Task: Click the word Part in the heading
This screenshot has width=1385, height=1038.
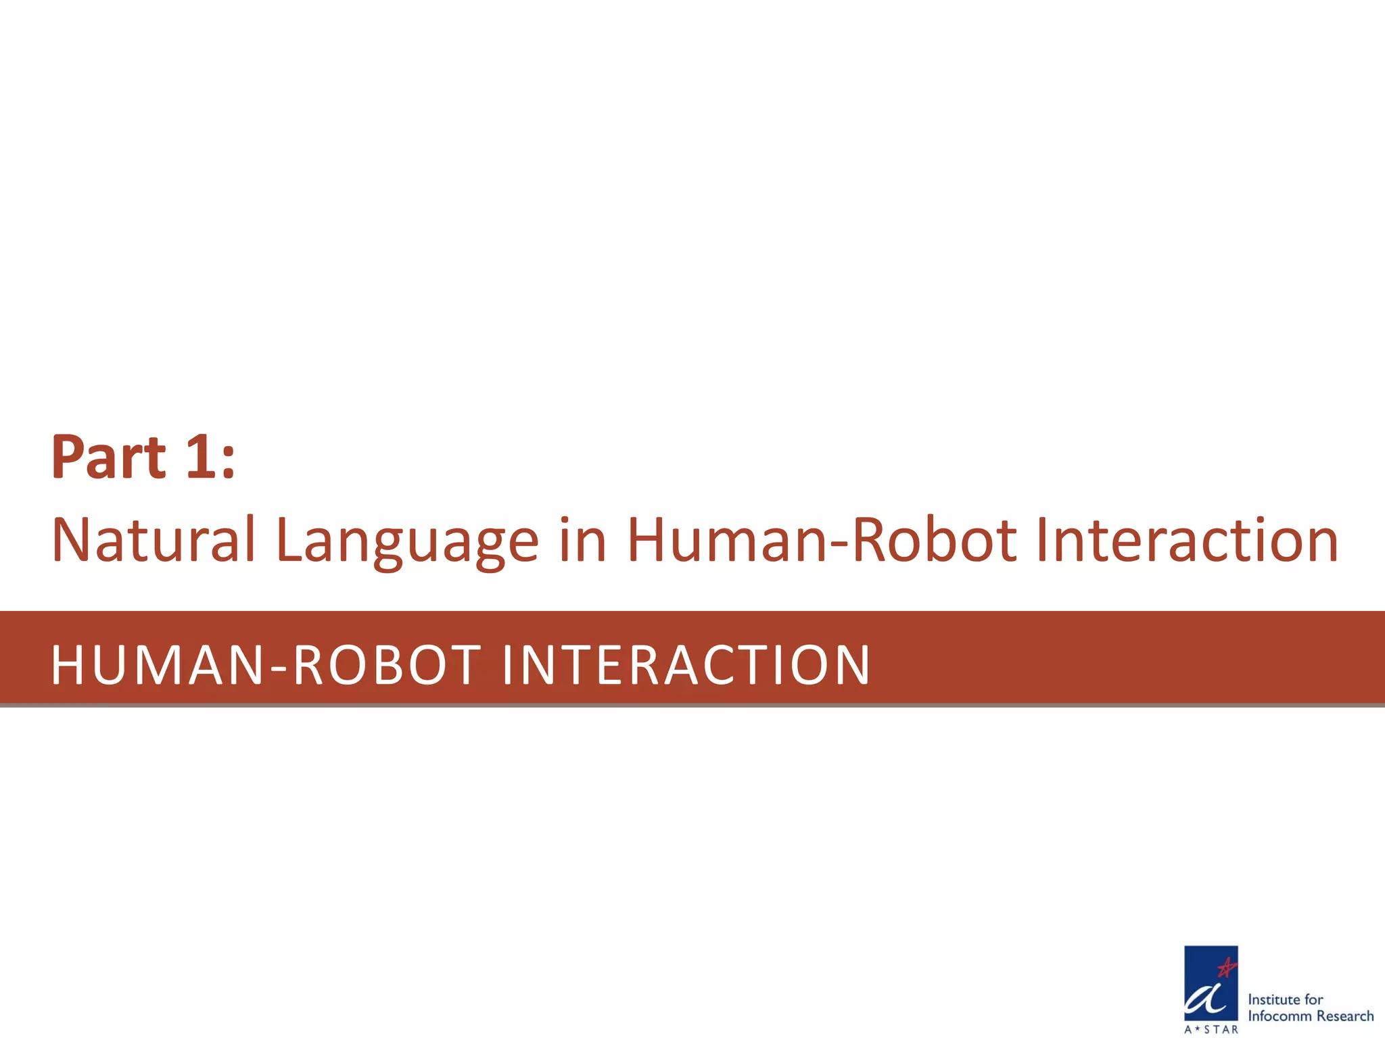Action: pyautogui.click(x=108, y=458)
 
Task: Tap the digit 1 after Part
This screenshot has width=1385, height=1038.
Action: pyautogui.click(x=201, y=458)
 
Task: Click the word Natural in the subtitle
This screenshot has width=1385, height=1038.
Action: pyautogui.click(x=154, y=540)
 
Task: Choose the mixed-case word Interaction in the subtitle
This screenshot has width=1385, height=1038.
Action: pyautogui.click(x=1187, y=540)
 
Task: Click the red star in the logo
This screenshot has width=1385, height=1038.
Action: pyautogui.click(x=1226, y=968)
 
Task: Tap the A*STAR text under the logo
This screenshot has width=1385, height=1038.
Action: pyautogui.click(x=1211, y=1029)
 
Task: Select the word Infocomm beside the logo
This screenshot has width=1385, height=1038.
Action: pyautogui.click(x=1280, y=1016)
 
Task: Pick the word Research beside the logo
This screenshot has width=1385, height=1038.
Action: pyautogui.click(x=1345, y=1016)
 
